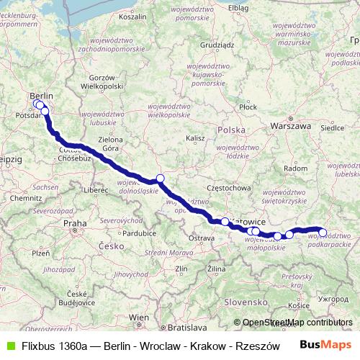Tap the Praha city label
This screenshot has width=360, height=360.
75,224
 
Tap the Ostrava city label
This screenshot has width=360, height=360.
202,238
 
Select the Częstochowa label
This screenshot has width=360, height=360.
228,187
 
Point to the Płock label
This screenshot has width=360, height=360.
248,107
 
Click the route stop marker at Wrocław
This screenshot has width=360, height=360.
160,179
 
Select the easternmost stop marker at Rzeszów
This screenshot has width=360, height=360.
323,233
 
